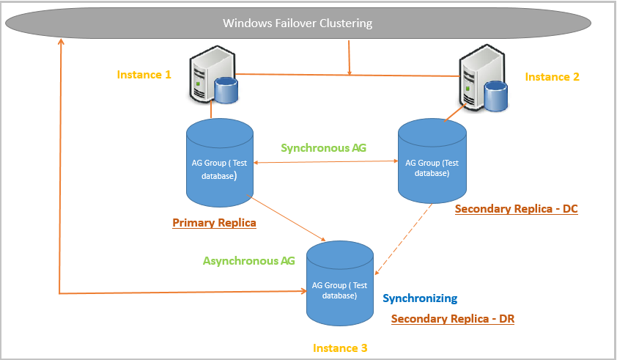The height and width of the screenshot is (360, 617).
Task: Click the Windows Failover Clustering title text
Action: coord(298,23)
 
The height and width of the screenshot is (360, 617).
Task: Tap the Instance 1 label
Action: coord(144,75)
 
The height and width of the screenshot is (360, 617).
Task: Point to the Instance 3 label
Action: coord(340,348)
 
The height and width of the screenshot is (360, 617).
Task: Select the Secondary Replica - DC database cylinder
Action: coord(432,162)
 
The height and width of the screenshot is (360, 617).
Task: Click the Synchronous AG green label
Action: coord(324,147)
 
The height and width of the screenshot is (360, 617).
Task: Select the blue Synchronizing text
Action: coord(420,298)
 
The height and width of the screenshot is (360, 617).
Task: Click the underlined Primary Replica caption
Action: coord(214,222)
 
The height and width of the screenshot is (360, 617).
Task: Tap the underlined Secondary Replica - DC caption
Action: coord(516,209)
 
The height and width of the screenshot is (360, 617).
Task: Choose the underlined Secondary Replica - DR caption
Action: coord(452,319)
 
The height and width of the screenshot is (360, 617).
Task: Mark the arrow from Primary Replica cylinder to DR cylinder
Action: coord(289,218)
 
